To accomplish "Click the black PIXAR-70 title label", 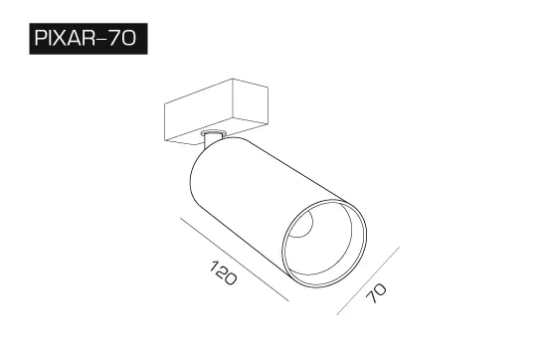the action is (89, 39).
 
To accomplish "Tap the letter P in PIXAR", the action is (40, 38).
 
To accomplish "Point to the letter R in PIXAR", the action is (88, 38).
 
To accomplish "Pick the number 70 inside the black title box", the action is (121, 38).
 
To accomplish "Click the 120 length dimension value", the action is (224, 272).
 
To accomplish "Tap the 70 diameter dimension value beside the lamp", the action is (376, 293).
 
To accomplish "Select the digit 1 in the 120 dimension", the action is (214, 266).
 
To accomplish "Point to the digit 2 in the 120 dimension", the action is (222, 271).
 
